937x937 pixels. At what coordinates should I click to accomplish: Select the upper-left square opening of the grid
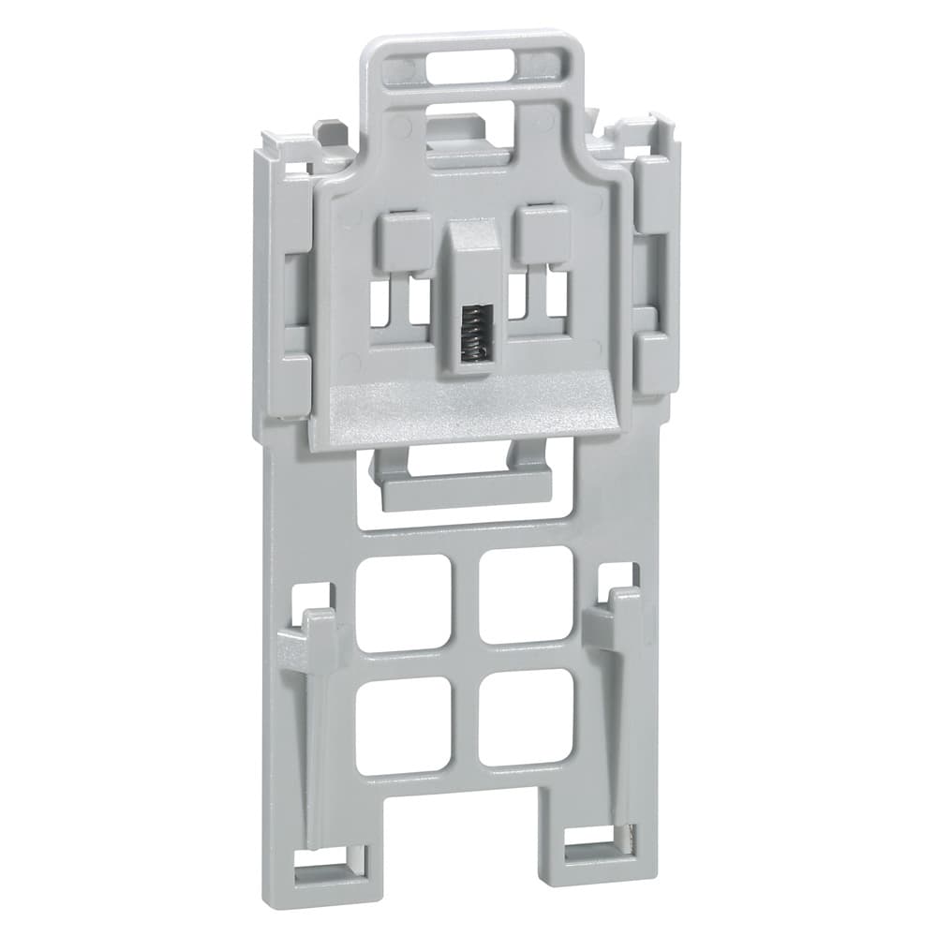[x=404, y=602]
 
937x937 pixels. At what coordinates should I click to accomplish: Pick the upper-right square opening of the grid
[x=527, y=594]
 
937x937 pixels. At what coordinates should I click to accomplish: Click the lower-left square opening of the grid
[x=404, y=724]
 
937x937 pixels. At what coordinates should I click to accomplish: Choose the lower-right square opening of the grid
[x=526, y=716]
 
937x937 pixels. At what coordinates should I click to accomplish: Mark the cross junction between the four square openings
[x=466, y=660]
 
